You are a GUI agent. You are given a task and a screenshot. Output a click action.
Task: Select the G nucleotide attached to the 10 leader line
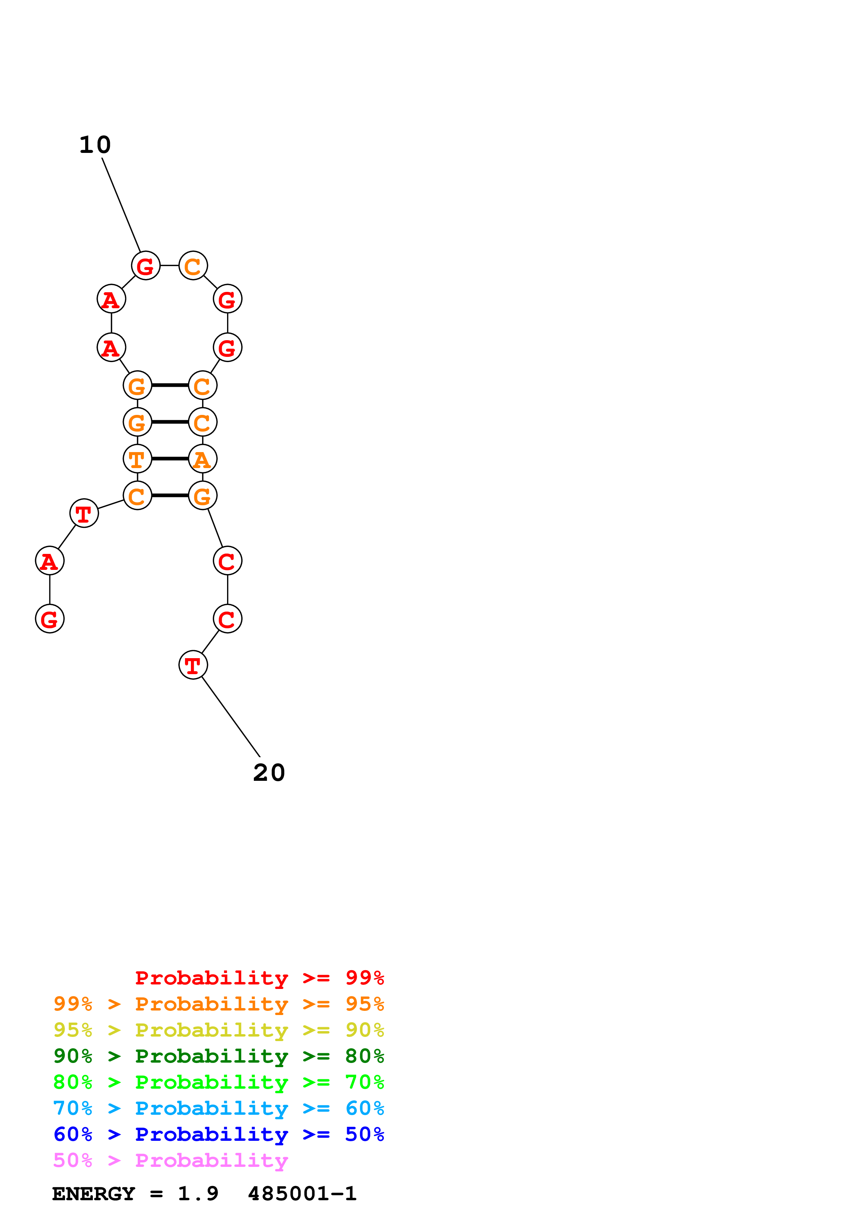[x=146, y=265]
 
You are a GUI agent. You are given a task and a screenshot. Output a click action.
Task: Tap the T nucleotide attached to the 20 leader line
[x=193, y=665]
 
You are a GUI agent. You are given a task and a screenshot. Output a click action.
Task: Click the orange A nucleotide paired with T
[x=202, y=459]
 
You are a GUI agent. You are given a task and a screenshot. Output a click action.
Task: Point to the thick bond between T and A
[x=170, y=458]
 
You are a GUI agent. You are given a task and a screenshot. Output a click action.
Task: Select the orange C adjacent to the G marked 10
[x=193, y=265]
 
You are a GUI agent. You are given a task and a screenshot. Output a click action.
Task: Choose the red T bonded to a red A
[x=84, y=513]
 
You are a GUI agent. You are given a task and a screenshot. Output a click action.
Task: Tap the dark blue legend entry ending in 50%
[x=218, y=1134]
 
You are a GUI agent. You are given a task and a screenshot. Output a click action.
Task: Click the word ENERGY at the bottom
[x=94, y=1194]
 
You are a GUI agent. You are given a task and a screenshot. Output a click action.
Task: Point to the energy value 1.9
[x=198, y=1194]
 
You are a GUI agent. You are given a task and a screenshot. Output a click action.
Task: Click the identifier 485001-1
[x=302, y=1194]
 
